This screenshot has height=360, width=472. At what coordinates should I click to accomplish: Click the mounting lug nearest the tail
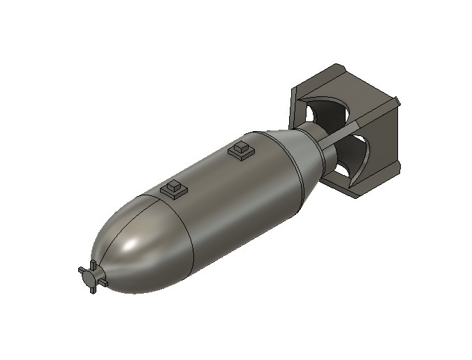240,150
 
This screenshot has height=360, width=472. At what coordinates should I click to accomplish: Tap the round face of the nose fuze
91,278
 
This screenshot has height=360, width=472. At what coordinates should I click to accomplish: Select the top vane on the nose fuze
91,264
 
